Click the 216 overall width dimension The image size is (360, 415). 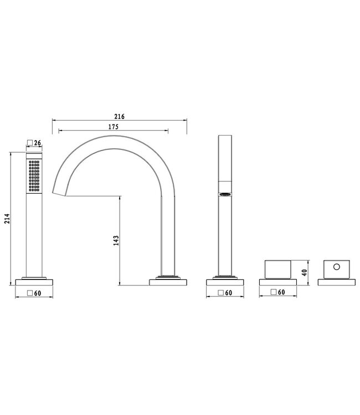(x=119, y=117)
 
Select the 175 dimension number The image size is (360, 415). (x=115, y=127)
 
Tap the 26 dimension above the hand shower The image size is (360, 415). (x=38, y=143)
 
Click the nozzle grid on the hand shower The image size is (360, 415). (x=34, y=176)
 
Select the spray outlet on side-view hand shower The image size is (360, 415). (x=225, y=194)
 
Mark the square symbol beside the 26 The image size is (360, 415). (x=30, y=143)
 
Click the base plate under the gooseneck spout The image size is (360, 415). (x=168, y=282)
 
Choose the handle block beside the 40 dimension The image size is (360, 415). (x=278, y=268)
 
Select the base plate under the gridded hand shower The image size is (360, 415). (x=34, y=282)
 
